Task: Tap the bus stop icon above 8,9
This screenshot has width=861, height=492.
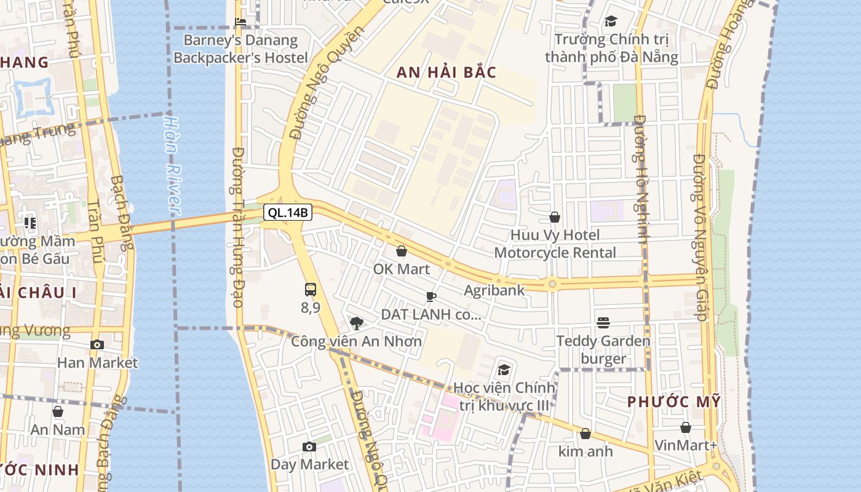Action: click(x=311, y=290)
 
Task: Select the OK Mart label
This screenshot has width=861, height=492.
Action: click(x=402, y=269)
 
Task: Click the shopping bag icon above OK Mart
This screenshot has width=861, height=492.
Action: click(x=402, y=251)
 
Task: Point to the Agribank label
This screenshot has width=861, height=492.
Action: click(x=494, y=290)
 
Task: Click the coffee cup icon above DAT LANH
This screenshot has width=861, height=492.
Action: click(x=431, y=297)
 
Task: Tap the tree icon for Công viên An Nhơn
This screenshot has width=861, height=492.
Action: click(x=356, y=323)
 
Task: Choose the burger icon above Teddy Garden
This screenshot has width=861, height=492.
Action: click(x=603, y=323)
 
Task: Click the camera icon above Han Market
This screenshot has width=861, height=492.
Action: click(x=97, y=344)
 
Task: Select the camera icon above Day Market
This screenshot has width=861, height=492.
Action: click(x=309, y=446)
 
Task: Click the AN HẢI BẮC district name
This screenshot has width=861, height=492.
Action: click(x=446, y=73)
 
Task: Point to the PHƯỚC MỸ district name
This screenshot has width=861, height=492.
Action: click(x=673, y=402)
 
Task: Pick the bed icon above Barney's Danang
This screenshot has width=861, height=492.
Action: click(x=240, y=23)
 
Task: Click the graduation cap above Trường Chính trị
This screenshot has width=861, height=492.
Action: click(x=611, y=22)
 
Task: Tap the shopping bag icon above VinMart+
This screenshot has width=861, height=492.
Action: click(x=686, y=427)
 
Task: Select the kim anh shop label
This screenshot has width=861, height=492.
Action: click(x=585, y=451)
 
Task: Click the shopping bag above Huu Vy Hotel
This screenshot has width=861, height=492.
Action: click(x=555, y=217)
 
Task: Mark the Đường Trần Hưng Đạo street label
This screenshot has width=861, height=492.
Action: click(x=237, y=228)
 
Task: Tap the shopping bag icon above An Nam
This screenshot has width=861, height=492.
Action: click(x=58, y=411)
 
